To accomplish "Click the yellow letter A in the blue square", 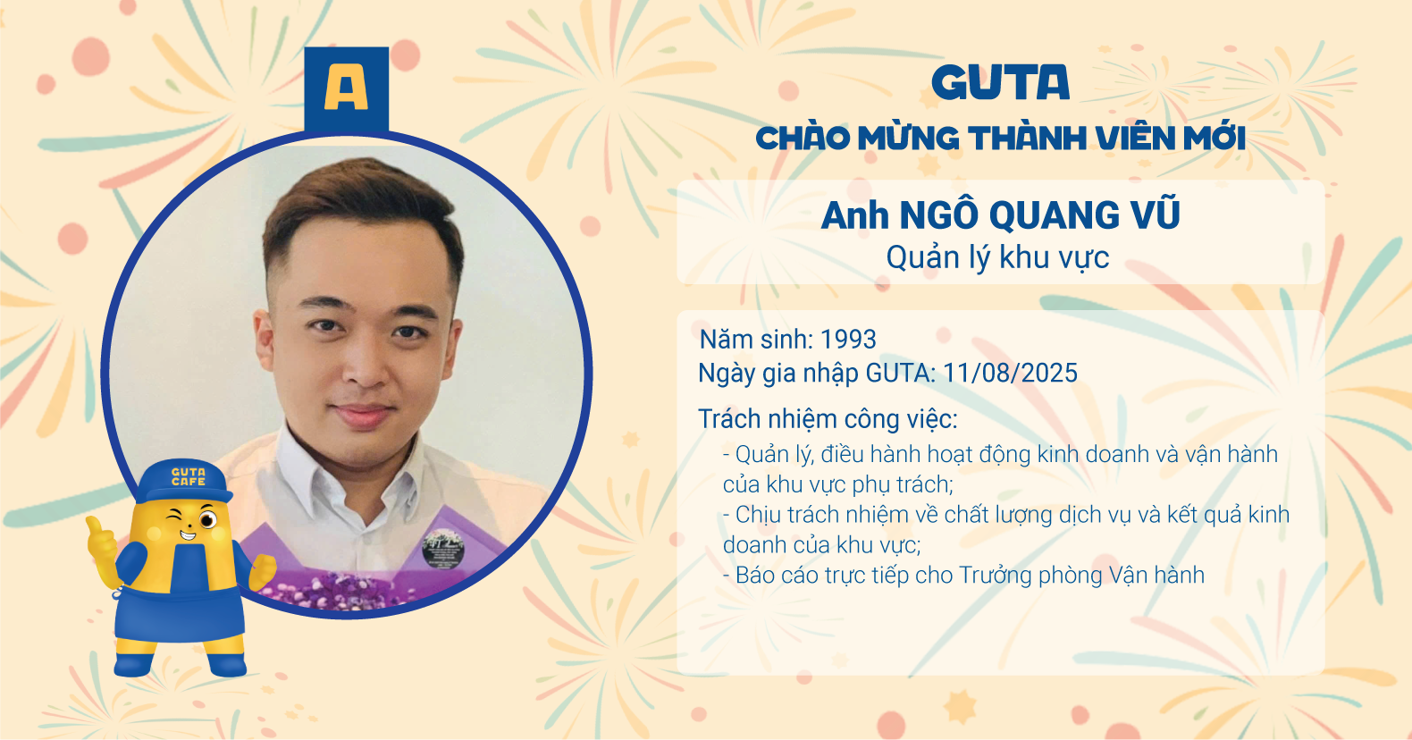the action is [x=346, y=88].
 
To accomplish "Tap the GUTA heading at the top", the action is [x=1000, y=82].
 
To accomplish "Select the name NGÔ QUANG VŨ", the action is [x=1039, y=215].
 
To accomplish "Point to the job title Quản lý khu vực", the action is [x=998, y=257].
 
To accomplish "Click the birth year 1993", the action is [x=848, y=340].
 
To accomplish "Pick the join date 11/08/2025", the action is [x=1010, y=374].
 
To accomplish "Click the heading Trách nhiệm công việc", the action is [x=828, y=419].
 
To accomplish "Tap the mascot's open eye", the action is [x=207, y=520].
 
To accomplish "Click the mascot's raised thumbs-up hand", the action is [x=102, y=542].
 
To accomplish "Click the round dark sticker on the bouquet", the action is [x=442, y=549].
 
